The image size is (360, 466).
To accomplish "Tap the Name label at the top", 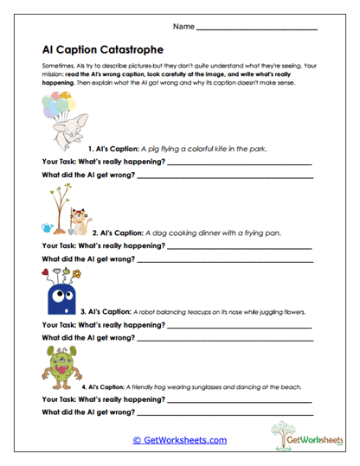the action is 183,27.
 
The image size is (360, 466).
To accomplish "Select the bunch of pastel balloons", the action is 55,108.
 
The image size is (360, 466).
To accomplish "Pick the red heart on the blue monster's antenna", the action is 46,274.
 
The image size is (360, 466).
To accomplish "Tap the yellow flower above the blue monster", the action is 76,274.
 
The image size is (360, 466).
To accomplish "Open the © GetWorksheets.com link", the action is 179,440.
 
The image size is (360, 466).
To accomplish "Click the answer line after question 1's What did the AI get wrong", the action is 225,176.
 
